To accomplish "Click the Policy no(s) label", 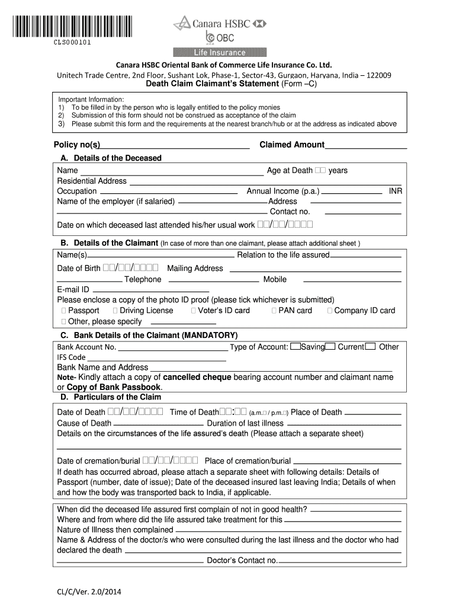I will (77, 145).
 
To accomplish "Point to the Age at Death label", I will (290, 171).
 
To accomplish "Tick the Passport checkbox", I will (63, 311).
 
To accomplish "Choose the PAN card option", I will (274, 311).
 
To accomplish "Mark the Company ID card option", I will (330, 311).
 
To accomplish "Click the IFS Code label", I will (71, 357).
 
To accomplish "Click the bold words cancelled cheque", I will (197, 377).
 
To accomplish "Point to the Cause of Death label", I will (84, 423).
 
